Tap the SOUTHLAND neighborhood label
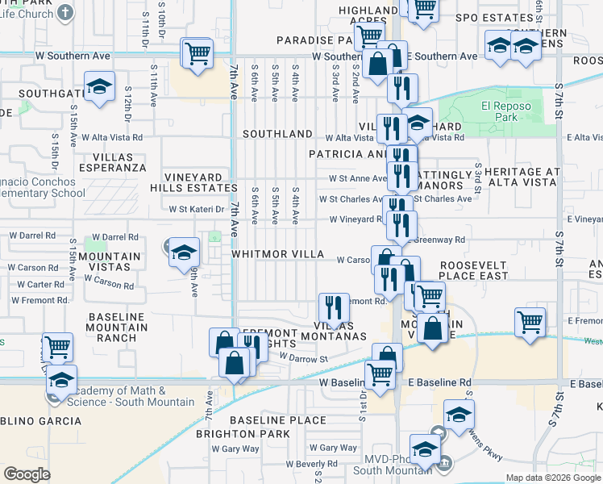click(x=277, y=133)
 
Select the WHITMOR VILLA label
click(x=277, y=253)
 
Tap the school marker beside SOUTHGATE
click(x=99, y=86)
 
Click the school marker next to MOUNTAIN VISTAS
click(x=184, y=251)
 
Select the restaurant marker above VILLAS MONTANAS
click(x=333, y=307)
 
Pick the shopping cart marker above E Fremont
click(x=530, y=323)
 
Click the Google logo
click(x=27, y=474)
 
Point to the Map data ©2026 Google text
click(x=553, y=478)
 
